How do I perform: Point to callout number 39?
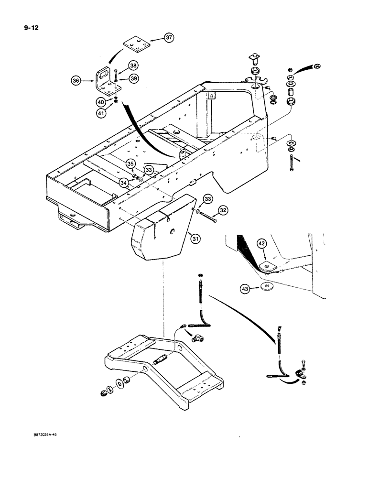click(134, 78)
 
